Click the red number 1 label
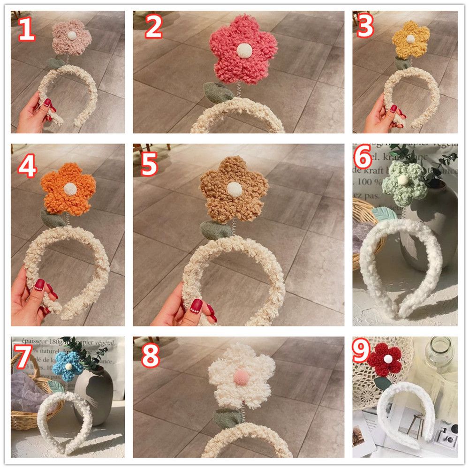click(x=26, y=29)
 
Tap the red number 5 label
click(x=149, y=166)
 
